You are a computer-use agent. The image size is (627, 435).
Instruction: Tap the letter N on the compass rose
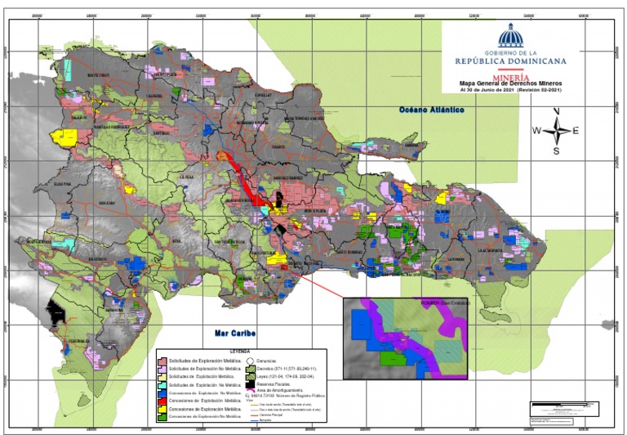(x=556, y=110)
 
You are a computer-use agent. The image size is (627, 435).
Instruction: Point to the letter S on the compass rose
(x=556, y=151)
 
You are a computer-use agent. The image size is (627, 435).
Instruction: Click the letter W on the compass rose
(x=536, y=131)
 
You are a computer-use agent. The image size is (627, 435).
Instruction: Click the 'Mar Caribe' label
(x=230, y=334)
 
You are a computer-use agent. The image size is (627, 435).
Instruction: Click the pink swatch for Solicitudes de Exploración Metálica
(x=162, y=359)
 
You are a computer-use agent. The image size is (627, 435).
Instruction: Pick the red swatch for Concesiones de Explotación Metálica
(x=162, y=400)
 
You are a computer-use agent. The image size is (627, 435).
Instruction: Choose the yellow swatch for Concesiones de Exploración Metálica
(x=162, y=408)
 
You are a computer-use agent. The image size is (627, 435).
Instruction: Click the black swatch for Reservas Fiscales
(x=251, y=383)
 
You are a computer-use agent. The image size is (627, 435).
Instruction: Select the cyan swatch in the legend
(x=162, y=383)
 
